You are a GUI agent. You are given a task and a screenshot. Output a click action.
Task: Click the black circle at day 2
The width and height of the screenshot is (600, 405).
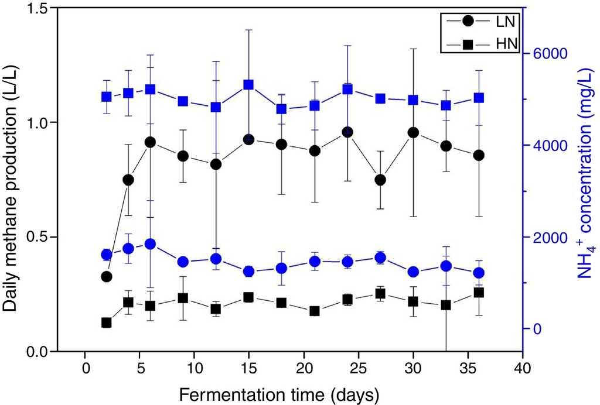tap(107, 276)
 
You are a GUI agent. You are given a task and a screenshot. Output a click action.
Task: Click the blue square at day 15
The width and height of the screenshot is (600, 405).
tap(248, 84)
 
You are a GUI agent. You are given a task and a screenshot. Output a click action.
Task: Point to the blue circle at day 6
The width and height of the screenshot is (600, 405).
tap(150, 244)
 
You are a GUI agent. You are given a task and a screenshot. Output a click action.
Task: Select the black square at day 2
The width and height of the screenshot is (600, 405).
tap(107, 322)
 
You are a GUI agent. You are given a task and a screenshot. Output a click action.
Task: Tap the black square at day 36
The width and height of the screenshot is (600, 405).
tap(479, 293)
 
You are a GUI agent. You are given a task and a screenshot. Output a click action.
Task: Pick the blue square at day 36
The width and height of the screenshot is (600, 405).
tap(479, 98)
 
